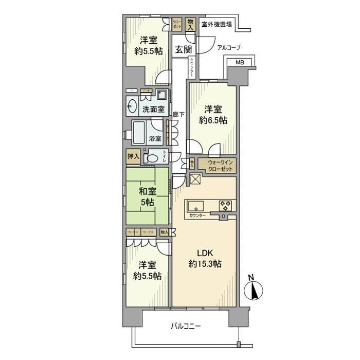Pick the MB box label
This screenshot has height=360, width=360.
pyautogui.click(x=240, y=63)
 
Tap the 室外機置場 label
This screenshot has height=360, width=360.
pyautogui.click(x=216, y=24)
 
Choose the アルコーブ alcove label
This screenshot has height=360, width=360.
pyautogui.click(x=229, y=47)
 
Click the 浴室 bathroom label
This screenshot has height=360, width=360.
pyautogui.click(x=155, y=138)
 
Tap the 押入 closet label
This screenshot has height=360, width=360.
pyautogui.click(x=133, y=156)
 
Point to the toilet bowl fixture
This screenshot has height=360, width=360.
pyautogui.click(x=150, y=158)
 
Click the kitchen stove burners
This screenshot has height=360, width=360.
pyautogui.click(x=226, y=205)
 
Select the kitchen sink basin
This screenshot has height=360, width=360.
pyautogui.click(x=196, y=206)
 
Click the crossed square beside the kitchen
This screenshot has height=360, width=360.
pyautogui.click(x=196, y=179)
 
